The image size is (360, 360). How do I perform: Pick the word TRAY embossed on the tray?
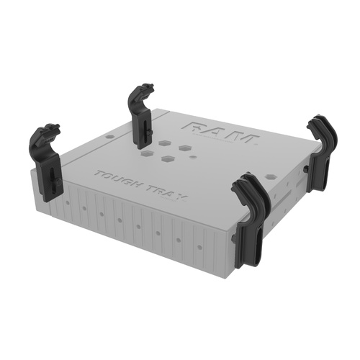pos(162,192)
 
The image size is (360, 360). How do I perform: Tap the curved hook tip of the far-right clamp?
pos(312,124)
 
